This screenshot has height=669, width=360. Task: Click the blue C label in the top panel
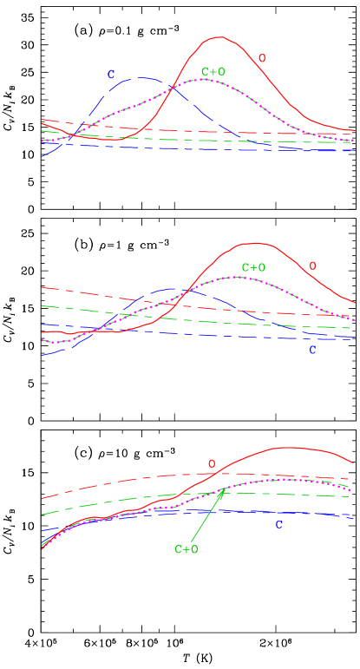(111, 75)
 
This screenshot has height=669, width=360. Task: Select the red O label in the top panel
(262, 58)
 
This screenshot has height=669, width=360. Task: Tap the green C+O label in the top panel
(213, 71)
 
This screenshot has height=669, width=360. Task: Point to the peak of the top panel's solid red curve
(218, 36)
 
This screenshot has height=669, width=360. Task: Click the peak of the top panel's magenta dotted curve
(203, 79)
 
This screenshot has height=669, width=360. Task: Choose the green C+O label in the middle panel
(253, 267)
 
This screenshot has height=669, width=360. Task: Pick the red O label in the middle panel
(313, 266)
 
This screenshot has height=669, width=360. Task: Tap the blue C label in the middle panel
(312, 350)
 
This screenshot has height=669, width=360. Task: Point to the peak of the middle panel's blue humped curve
(173, 288)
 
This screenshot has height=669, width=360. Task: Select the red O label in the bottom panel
(211, 464)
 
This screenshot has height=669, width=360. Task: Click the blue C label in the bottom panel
(278, 525)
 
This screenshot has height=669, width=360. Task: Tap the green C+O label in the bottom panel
(187, 549)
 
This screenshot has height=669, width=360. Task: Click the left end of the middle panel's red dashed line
(42, 286)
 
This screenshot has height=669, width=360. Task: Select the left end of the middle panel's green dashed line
(42, 305)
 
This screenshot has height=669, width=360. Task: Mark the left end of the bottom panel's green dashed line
(42, 515)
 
